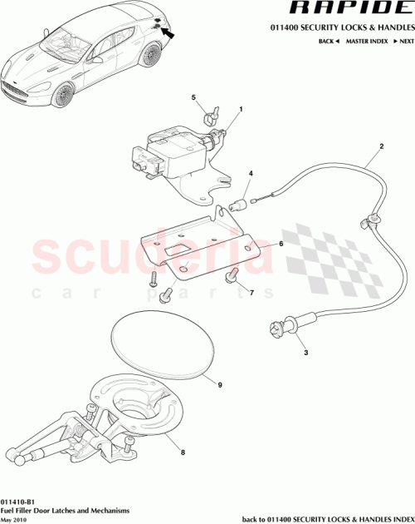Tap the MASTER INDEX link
[x=367, y=40]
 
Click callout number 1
[x=241, y=109]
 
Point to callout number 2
[x=381, y=148]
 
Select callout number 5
[x=193, y=98]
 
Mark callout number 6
[x=281, y=244]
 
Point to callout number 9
[x=219, y=384]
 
